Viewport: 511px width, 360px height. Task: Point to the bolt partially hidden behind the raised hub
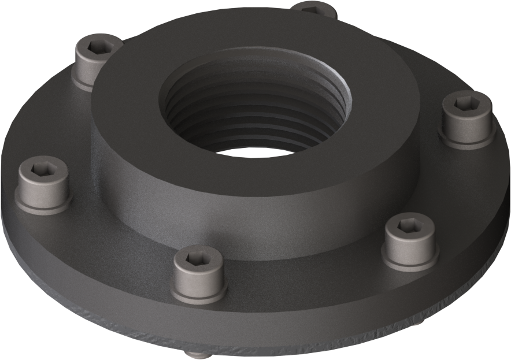click(313, 8)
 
